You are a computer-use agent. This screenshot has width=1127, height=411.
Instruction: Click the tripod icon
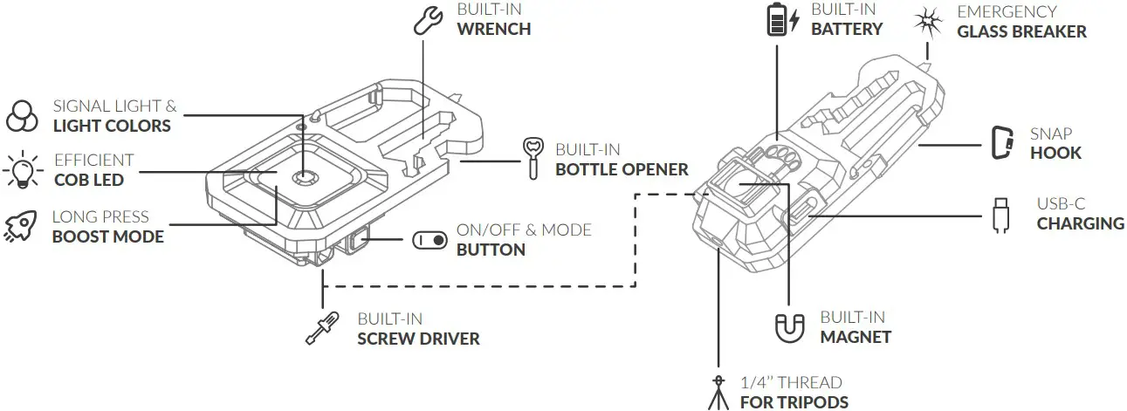[718, 392]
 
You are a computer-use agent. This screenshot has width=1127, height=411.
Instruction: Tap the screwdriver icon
[321, 326]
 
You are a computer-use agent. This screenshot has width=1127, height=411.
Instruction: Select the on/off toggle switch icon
[429, 240]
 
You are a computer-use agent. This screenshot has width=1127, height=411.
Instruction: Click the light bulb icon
[21, 170]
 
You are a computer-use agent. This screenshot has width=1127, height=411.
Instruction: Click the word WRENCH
[493, 29]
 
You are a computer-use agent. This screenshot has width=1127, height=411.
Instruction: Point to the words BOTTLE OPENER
[622, 169]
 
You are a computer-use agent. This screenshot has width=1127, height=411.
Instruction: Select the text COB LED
[88, 180]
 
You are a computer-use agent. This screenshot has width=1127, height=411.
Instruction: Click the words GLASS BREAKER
[1021, 31]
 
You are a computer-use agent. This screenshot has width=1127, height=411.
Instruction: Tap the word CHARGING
[1080, 223]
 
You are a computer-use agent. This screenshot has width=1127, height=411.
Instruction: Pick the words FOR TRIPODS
[794, 401]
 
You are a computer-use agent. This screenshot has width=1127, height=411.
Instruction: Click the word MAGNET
[856, 337]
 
